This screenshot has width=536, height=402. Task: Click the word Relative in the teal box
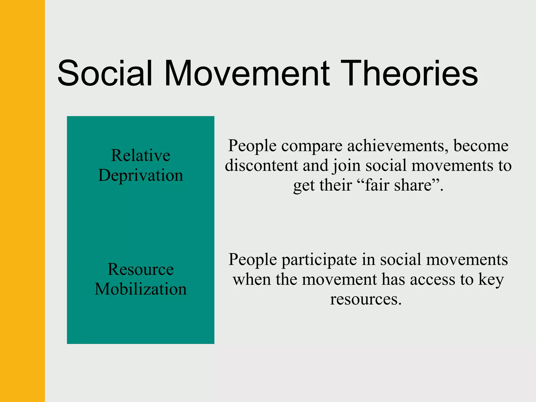tap(141, 155)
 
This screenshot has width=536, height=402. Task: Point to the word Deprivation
tap(141, 175)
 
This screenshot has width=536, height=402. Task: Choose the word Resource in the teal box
tap(141, 269)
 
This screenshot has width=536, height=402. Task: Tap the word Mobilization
tap(141, 289)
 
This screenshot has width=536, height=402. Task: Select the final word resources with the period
tap(366, 299)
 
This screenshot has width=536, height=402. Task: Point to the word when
tap(252, 279)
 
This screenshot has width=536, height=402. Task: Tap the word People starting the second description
tap(253, 260)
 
